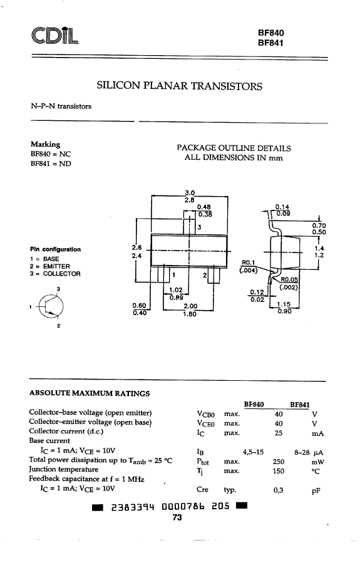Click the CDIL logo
55,36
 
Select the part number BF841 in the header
270,43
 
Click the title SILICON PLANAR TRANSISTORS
179,86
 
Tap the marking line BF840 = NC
51,154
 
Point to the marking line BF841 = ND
51,163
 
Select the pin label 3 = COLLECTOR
55,274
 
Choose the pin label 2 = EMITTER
50,266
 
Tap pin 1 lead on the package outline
163,276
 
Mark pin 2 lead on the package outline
213,276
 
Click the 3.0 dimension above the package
190,192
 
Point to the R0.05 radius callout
289,279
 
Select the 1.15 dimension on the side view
284,304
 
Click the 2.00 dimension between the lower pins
190,306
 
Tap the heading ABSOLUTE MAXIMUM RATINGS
90,393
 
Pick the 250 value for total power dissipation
278,462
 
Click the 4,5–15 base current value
253,452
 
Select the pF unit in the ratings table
316,491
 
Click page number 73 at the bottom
177,517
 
